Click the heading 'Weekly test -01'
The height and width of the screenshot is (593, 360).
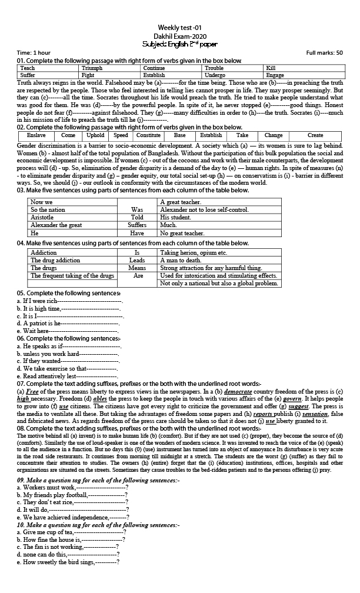click(179, 28)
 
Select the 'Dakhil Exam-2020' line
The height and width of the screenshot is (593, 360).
click(179, 35)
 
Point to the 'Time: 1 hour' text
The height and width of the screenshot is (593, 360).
click(34, 53)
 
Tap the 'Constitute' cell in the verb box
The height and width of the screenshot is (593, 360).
click(148, 135)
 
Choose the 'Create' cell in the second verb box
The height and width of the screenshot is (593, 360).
click(315, 135)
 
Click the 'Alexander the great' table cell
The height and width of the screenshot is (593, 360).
click(56, 225)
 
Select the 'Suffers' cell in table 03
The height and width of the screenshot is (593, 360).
click(137, 225)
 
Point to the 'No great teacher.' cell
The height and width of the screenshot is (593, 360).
click(182, 233)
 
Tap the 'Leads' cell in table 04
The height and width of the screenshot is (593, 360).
click(137, 260)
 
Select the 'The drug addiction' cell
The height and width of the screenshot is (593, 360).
click(55, 260)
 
